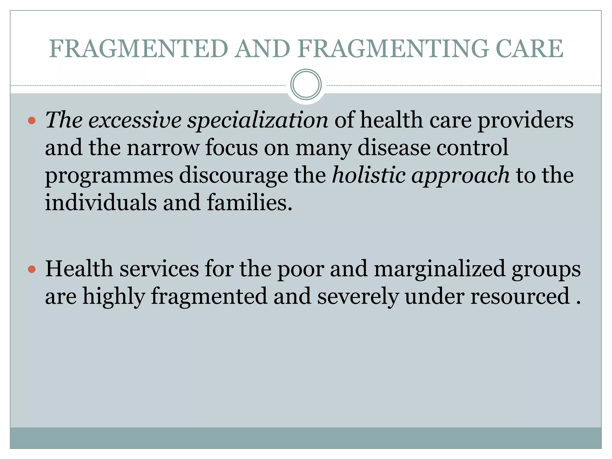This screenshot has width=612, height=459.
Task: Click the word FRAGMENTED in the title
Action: pyautogui.click(x=139, y=49)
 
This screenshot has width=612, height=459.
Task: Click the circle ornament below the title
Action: pyautogui.click(x=306, y=85)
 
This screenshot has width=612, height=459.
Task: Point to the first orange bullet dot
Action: pyautogui.click(x=32, y=121)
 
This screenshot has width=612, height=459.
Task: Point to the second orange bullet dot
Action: pyautogui.click(x=32, y=270)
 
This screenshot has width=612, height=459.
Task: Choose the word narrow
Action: pyautogui.click(x=163, y=148)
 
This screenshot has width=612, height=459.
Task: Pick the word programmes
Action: pyautogui.click(x=109, y=176)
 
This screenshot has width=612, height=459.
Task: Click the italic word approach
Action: pyautogui.click(x=460, y=176)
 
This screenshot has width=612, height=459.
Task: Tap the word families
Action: pyautogui.click(x=249, y=203)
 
